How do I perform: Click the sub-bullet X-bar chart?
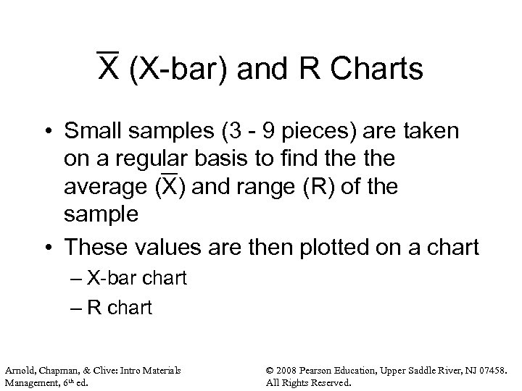tap(135, 279)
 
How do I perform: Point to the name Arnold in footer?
tap(21, 371)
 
